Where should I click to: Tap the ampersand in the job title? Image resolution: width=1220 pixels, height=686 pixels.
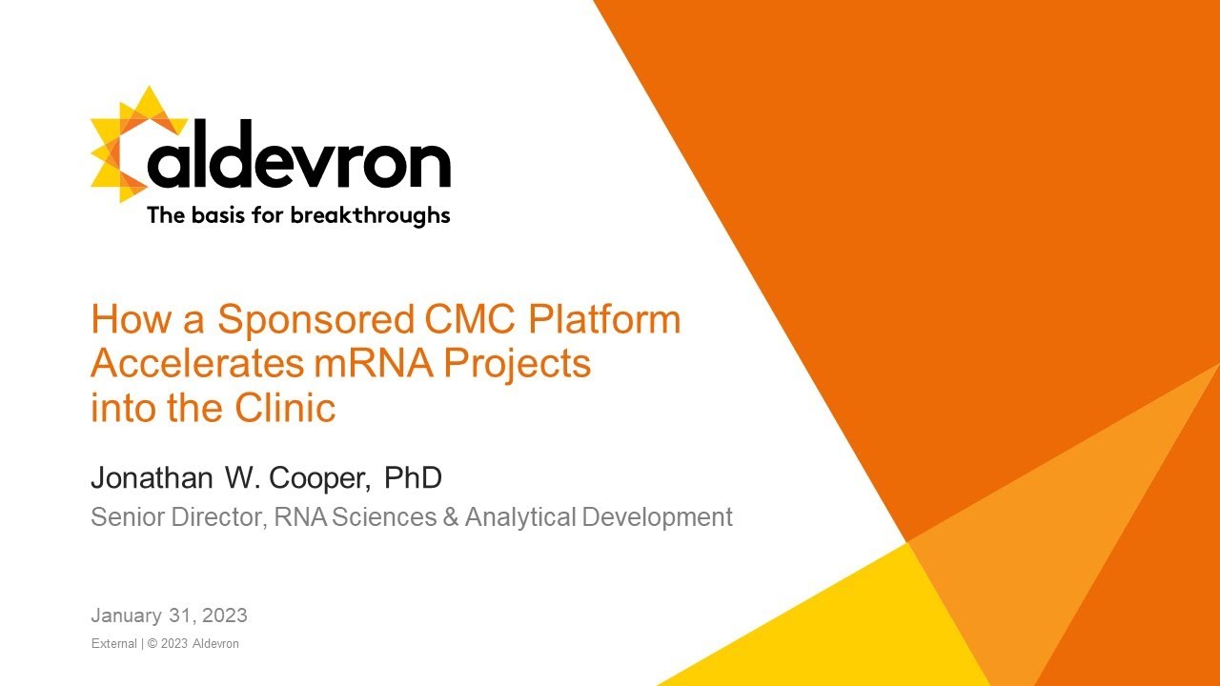pyautogui.click(x=453, y=517)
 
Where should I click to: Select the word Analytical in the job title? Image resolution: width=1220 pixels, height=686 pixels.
pyautogui.click(x=520, y=518)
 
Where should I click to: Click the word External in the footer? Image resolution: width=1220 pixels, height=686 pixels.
pyautogui.click(x=113, y=644)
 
